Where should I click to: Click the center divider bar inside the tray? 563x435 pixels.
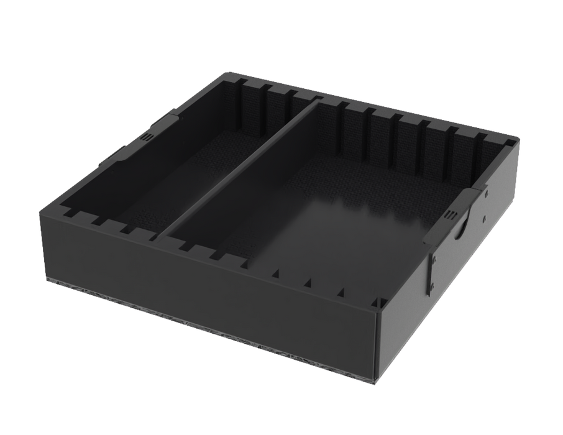(x=242, y=168)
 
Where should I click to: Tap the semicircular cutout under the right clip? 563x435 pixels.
(x=460, y=231)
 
